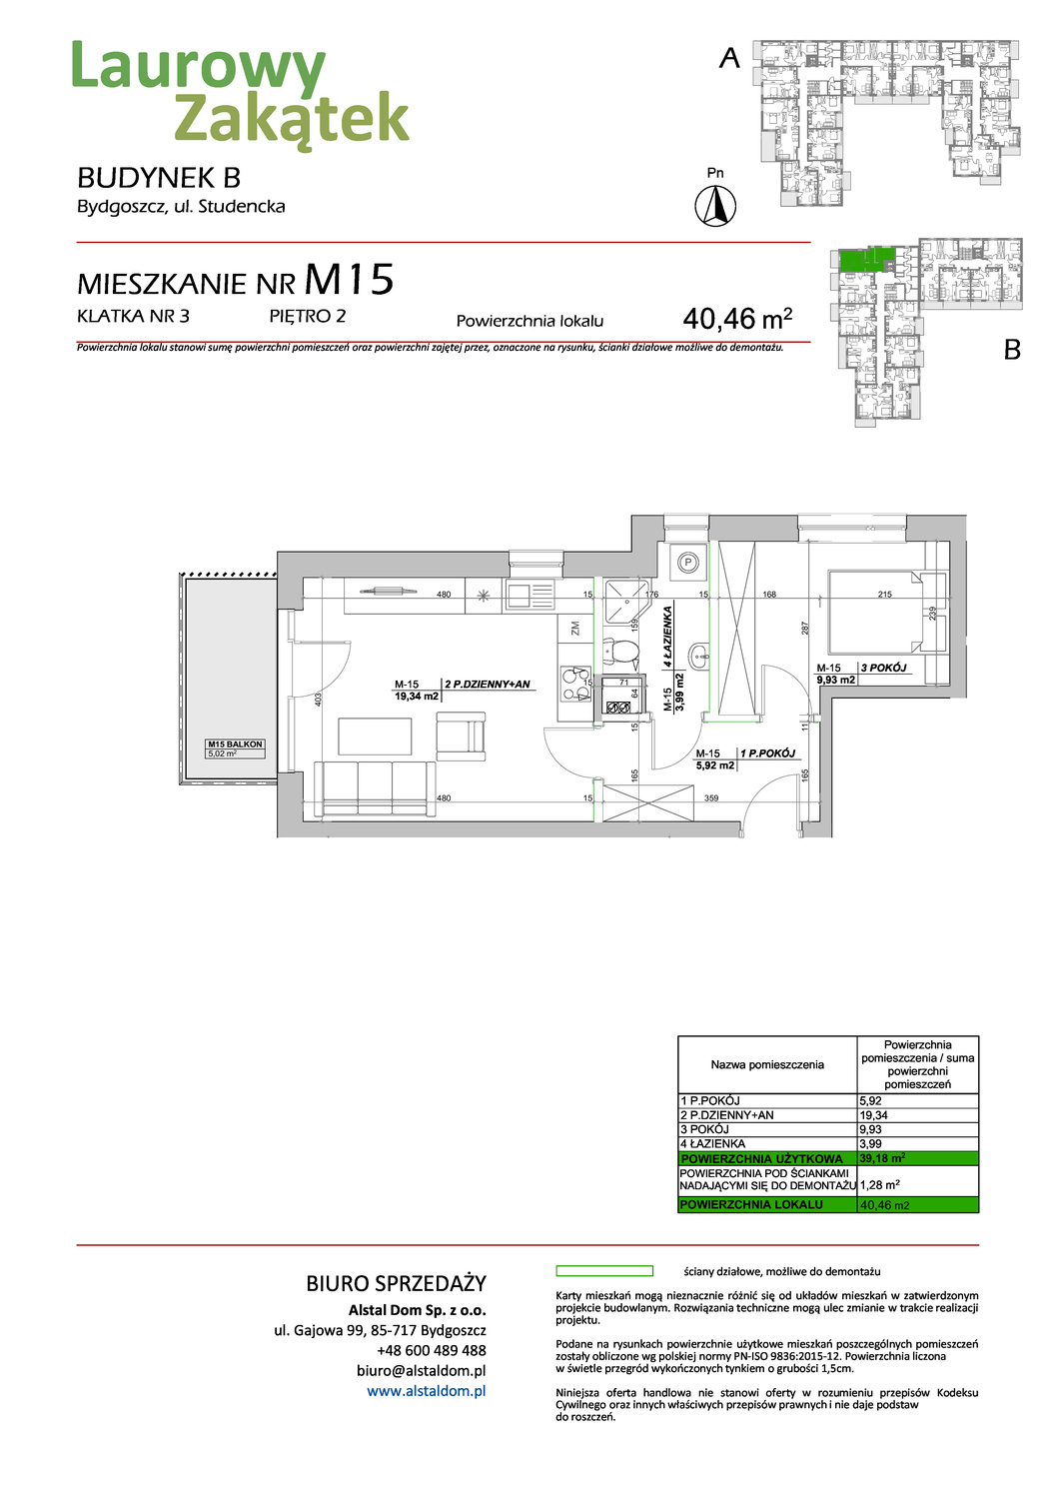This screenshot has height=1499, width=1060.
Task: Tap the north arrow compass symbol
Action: coord(715,207)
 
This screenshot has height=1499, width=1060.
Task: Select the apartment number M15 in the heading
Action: coord(349,280)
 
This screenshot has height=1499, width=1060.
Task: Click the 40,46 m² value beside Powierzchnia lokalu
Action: coord(736,319)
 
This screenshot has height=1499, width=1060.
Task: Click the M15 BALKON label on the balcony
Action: coord(235,745)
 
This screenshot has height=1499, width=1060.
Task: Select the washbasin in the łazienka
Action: coord(697,657)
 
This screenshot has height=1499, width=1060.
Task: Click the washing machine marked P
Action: coord(687,564)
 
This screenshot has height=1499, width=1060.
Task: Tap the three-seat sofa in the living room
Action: coord(375,788)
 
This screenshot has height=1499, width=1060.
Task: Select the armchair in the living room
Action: coord(460,737)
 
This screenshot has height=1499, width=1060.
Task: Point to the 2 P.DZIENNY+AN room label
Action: coord(488,685)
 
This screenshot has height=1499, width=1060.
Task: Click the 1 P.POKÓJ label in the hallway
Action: coord(767,753)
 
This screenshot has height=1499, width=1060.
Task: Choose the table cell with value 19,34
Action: coord(917,1115)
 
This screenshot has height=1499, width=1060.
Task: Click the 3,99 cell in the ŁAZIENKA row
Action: coord(917,1143)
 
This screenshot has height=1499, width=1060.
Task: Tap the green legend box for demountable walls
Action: coord(603,1271)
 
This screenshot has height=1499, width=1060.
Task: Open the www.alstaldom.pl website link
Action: coord(426,1390)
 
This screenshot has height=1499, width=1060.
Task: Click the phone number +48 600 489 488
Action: coord(431,1350)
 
